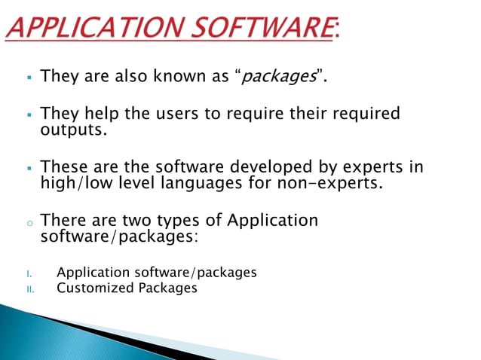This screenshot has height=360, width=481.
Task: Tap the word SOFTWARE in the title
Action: click(261, 30)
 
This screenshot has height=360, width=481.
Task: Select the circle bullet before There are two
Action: click(26, 223)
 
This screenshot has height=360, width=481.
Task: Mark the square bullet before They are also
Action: click(26, 77)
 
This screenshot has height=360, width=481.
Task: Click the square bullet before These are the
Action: click(26, 167)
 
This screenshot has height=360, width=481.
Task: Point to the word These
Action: click(64, 166)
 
